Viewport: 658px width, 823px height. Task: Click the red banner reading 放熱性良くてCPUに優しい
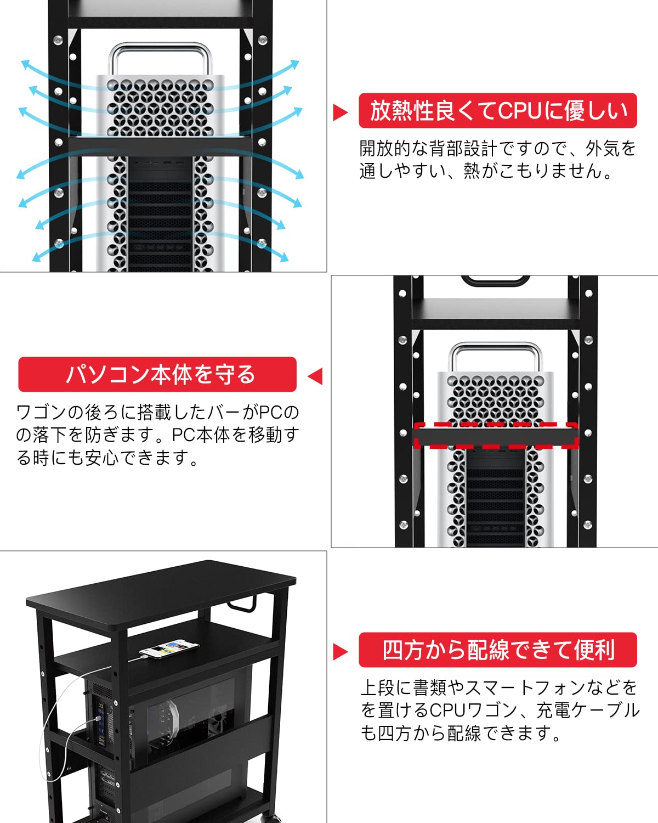coord(497,111)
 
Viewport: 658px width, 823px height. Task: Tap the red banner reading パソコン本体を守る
coord(157,375)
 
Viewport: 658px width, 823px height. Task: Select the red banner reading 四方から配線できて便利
coord(497,650)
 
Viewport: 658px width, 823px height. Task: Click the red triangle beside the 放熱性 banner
coord(340,112)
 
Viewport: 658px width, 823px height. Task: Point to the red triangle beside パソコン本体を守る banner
coord(315,376)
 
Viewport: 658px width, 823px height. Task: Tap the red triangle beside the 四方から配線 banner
coord(340,652)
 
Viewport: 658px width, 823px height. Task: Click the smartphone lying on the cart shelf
coord(169,649)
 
